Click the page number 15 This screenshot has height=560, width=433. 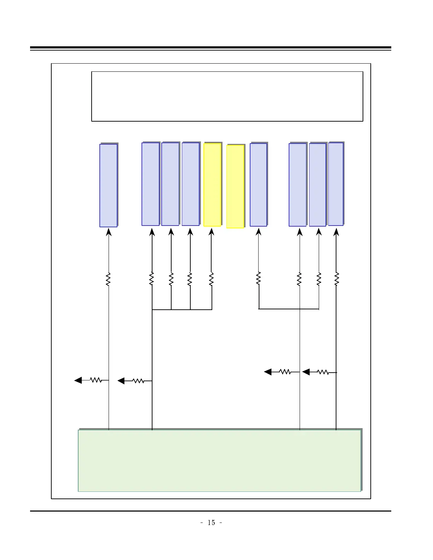pyautogui.click(x=211, y=523)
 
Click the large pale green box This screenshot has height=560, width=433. pyautogui.click(x=219, y=460)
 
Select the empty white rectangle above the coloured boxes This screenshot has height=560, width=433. pyautogui.click(x=227, y=96)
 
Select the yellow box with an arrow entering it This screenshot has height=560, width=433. pyautogui.click(x=212, y=185)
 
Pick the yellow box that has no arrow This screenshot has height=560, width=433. pyautogui.click(x=235, y=186)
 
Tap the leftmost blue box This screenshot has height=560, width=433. pyautogui.click(x=108, y=185)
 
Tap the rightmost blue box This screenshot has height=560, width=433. pyautogui.click(x=336, y=184)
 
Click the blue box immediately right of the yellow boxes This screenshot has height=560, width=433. pyautogui.click(x=258, y=185)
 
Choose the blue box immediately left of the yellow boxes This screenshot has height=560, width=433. pyautogui.click(x=190, y=184)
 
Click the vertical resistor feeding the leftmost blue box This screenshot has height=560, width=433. pyautogui.click(x=108, y=279)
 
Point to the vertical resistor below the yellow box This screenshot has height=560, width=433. pyautogui.click(x=211, y=279)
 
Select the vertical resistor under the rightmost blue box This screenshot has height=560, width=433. pyautogui.click(x=336, y=279)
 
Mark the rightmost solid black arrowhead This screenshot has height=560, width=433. pyautogui.click(x=306, y=372)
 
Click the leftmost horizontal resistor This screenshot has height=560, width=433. pyautogui.click(x=96, y=380)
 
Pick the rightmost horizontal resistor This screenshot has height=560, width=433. pyautogui.click(x=323, y=372)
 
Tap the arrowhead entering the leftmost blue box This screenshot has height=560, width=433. pyautogui.click(x=108, y=232)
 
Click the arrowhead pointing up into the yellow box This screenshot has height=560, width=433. pyautogui.click(x=211, y=232)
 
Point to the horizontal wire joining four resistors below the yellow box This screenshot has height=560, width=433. pyautogui.click(x=182, y=310)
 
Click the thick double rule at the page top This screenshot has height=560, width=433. pyautogui.click(x=210, y=48)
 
